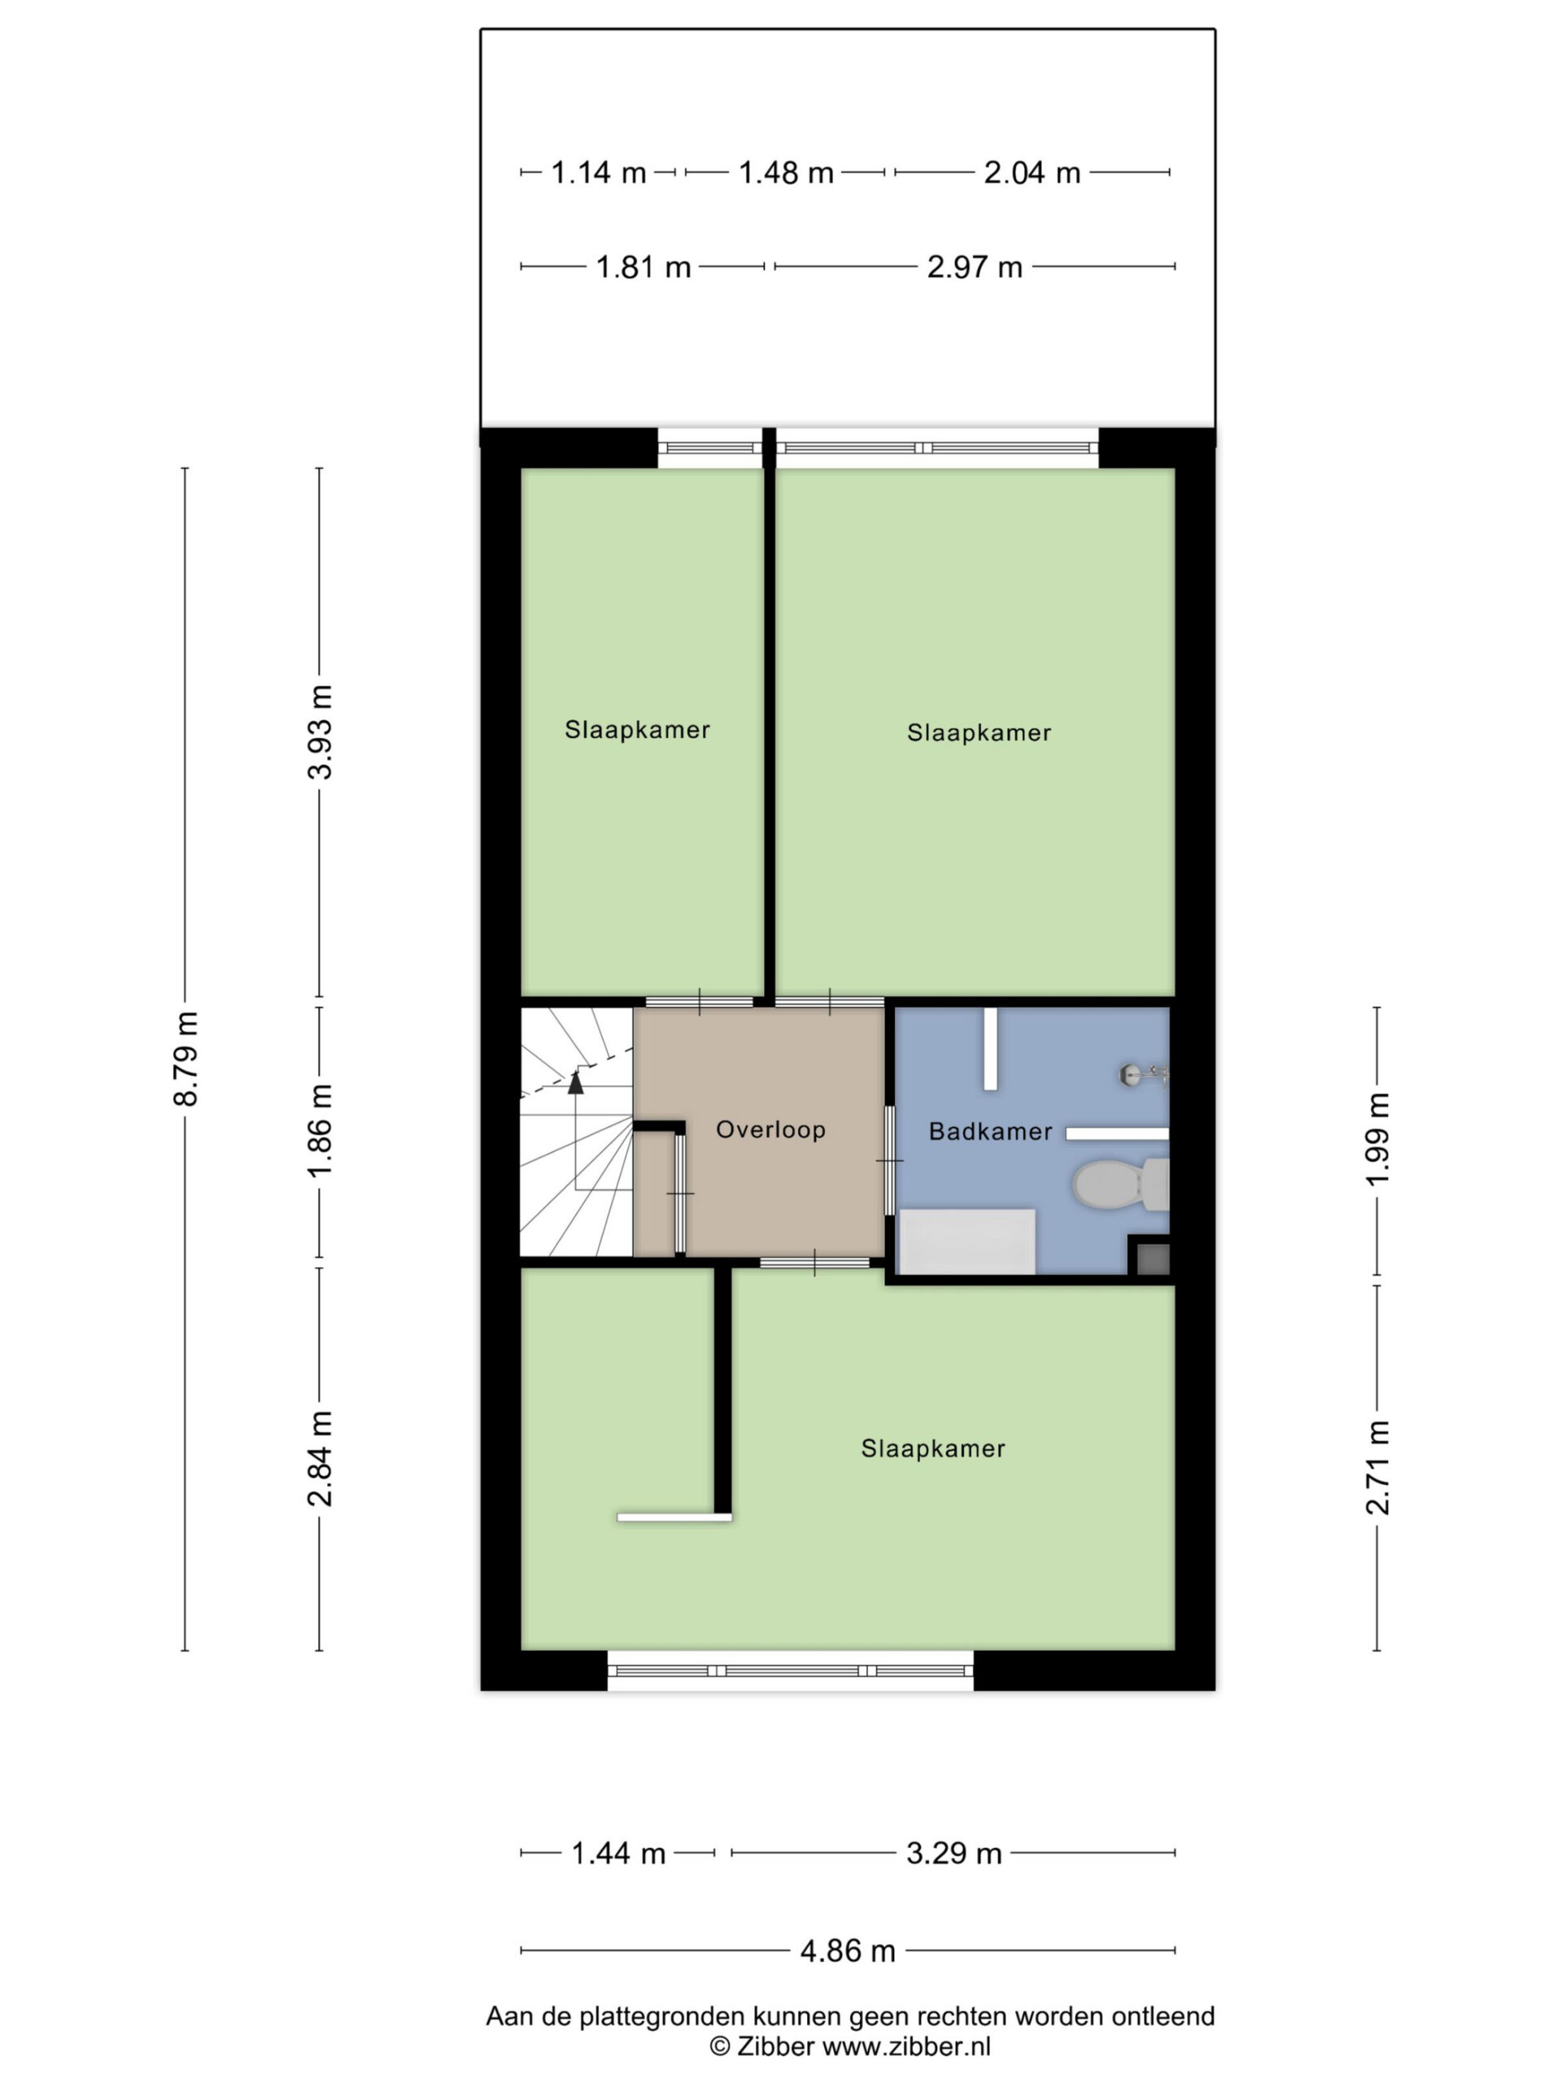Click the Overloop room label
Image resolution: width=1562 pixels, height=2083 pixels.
click(770, 1129)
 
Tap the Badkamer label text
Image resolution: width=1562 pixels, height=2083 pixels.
click(991, 1131)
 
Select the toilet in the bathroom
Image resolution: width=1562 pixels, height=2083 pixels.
click(1121, 1184)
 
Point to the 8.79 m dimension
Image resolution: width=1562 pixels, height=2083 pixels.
click(186, 1059)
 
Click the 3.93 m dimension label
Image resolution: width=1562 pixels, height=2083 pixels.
click(320, 731)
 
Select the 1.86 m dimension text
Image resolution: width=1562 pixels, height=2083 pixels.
click(320, 1129)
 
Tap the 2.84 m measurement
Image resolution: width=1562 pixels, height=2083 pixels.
click(320, 1459)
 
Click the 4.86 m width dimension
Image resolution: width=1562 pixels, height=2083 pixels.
click(848, 1950)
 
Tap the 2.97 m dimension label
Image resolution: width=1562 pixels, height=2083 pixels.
click(975, 268)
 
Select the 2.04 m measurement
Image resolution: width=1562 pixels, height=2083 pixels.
click(1032, 173)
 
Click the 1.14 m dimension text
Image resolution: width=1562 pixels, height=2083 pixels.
click(598, 173)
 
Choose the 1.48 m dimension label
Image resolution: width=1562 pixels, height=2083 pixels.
click(785, 173)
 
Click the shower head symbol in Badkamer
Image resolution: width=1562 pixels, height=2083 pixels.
click(1143, 1073)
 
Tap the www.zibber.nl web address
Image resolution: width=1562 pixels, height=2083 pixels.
click(907, 2046)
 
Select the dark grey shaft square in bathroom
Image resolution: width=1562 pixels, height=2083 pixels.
click(1154, 1259)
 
